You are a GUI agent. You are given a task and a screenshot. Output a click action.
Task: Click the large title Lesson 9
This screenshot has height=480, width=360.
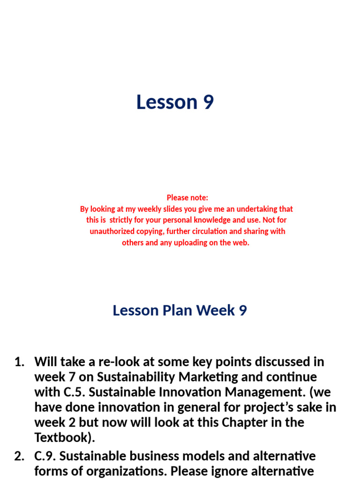(x=175, y=102)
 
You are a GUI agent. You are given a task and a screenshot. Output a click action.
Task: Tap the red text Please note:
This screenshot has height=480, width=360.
(x=187, y=197)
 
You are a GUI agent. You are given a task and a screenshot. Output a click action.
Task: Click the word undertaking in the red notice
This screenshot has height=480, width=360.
(x=255, y=209)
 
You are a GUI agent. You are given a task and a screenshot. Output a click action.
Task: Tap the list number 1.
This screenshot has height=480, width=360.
(x=19, y=362)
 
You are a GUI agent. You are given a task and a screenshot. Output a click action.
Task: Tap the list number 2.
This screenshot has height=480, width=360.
(x=19, y=456)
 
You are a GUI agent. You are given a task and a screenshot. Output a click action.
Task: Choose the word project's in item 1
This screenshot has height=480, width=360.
(x=255, y=407)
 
